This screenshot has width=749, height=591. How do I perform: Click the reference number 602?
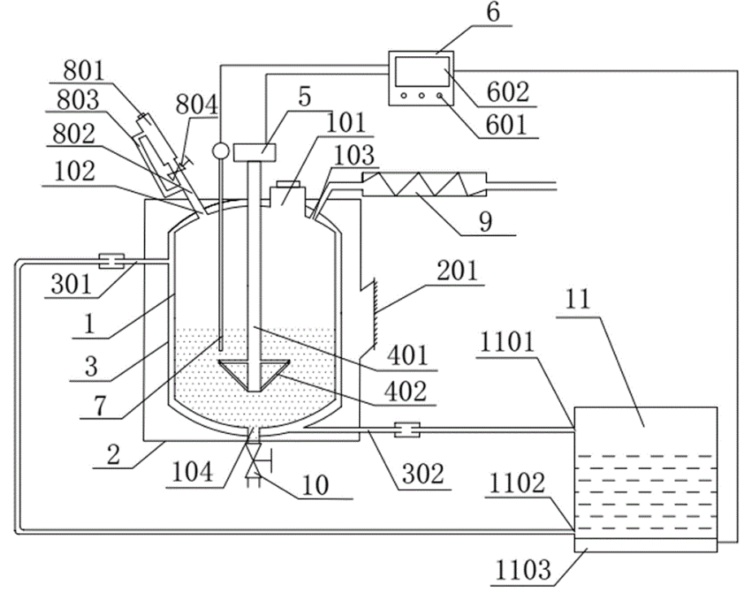tap(508, 92)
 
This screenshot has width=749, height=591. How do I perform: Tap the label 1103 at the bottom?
tap(523, 570)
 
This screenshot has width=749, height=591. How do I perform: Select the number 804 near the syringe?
tap(196, 104)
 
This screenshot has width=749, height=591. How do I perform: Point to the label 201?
tap(458, 270)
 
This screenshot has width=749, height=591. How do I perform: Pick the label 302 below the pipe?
tap(423, 473)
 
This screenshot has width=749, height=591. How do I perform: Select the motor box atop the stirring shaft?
tap(255, 151)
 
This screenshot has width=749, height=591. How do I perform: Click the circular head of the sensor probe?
tap(220, 151)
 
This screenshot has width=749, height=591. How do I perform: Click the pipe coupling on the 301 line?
tap(112, 260)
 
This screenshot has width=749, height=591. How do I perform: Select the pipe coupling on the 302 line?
tap(406, 430)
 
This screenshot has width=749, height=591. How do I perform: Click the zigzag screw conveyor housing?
tap(424, 184)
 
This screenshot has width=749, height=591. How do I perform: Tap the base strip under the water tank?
tap(645, 545)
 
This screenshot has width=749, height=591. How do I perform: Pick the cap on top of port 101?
tap(288, 184)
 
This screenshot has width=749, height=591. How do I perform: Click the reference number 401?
tap(407, 356)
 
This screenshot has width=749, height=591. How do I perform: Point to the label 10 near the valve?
tap(316, 485)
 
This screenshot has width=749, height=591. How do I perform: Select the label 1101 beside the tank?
tap(507, 342)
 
